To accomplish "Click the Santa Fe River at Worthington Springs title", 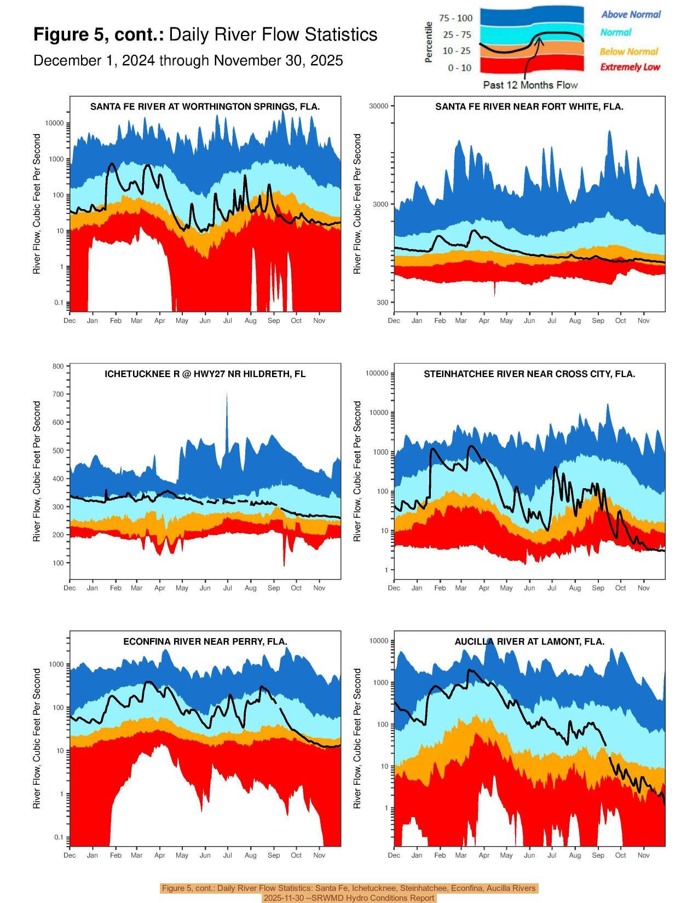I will tap(205, 107).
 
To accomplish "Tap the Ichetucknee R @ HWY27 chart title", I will tap(205, 374).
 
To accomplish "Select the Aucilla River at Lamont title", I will tap(529, 641).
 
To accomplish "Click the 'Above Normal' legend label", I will tap(631, 15).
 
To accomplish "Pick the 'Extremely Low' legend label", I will tap(630, 67).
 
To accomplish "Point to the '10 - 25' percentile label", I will tap(457, 51).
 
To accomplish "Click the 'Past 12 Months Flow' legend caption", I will tap(530, 85).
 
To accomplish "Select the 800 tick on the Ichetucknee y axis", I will tap(59, 366).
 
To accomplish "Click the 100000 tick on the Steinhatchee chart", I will tap(377, 373).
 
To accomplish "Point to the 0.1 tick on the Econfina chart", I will tap(57, 837).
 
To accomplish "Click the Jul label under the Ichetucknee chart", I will tap(227, 588).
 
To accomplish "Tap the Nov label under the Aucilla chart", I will tap(643, 855).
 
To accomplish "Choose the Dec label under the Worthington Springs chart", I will tap(70, 321).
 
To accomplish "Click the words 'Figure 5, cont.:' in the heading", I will tap(99, 35).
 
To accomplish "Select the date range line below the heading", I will tap(188, 61).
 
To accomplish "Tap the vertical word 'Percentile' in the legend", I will tap(429, 42).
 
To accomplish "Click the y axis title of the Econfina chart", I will tap(37, 738).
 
